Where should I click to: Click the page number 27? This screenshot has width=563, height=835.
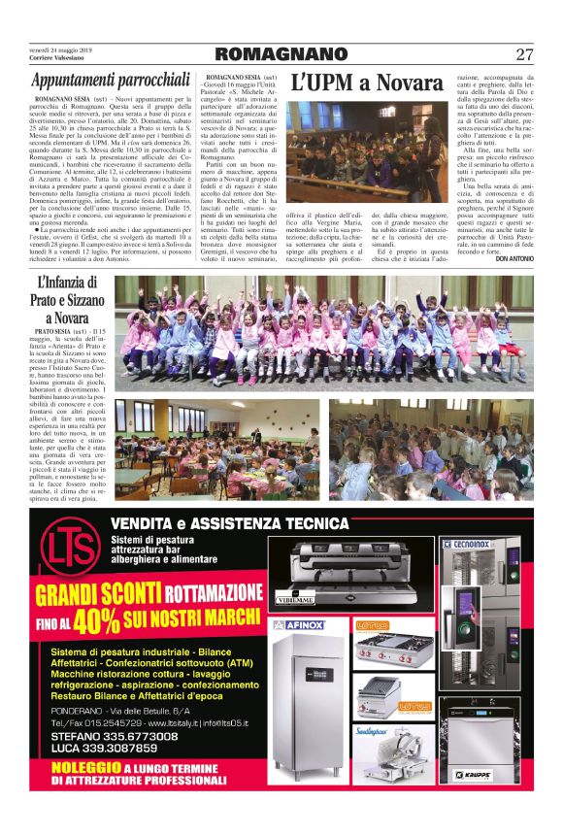tap(524, 54)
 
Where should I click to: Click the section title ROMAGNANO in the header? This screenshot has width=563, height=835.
tap(281, 54)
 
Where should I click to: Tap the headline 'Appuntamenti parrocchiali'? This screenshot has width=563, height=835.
tap(110, 81)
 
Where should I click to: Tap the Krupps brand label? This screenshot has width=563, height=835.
tap(472, 775)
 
